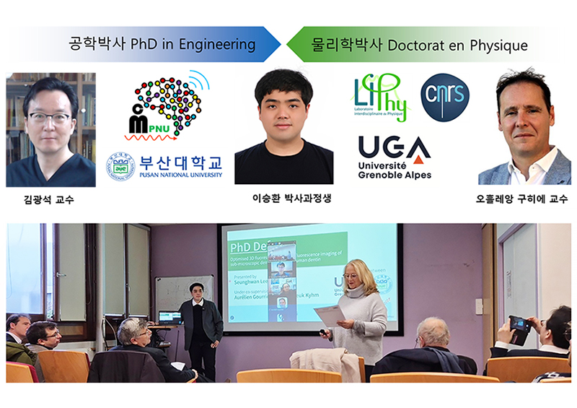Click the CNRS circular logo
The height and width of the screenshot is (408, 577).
tap(444, 97)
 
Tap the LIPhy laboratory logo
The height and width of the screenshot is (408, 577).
tap(381, 98)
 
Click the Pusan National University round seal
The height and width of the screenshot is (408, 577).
tap(120, 166)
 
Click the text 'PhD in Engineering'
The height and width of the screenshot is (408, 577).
tap(193, 45)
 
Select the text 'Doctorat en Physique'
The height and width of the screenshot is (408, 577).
tap(457, 45)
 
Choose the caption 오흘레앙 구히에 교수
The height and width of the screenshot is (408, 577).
tap(524, 199)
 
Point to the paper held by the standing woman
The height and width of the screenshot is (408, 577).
tap(329, 315)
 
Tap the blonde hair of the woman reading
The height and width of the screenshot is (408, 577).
tap(358, 272)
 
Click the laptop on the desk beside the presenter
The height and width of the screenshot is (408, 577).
tap(169, 317)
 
